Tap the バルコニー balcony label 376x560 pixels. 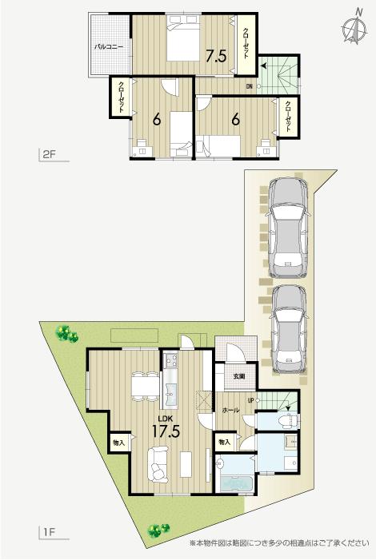(108, 47)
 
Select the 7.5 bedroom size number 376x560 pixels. (216, 56)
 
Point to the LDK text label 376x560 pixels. (165, 417)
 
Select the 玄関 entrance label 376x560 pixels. (238, 375)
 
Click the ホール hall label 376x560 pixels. (230, 408)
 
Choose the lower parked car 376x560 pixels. (289, 328)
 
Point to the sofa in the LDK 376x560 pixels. (157, 463)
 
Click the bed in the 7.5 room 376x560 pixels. (186, 41)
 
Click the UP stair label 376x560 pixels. (250, 400)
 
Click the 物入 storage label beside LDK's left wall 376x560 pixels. (118, 442)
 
